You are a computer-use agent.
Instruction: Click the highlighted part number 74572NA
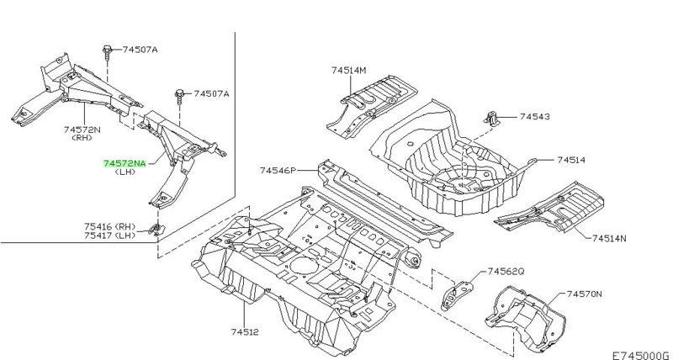125,163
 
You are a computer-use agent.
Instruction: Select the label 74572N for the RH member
82,130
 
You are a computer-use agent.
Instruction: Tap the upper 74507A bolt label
140,50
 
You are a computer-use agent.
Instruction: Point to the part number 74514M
349,70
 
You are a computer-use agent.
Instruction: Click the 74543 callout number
535,116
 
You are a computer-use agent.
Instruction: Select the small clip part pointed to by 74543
492,118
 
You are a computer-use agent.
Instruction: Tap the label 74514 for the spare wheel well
571,160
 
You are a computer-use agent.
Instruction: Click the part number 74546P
278,171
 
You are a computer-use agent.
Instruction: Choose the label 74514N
609,238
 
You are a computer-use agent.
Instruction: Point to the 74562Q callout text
506,271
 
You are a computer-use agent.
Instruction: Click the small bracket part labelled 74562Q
456,294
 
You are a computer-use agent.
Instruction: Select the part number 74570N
585,294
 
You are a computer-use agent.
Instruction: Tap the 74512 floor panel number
245,331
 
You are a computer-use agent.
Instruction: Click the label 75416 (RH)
109,226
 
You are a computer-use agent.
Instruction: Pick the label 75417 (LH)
109,236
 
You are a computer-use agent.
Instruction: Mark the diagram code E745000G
640,355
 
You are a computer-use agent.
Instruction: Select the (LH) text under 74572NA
125,172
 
